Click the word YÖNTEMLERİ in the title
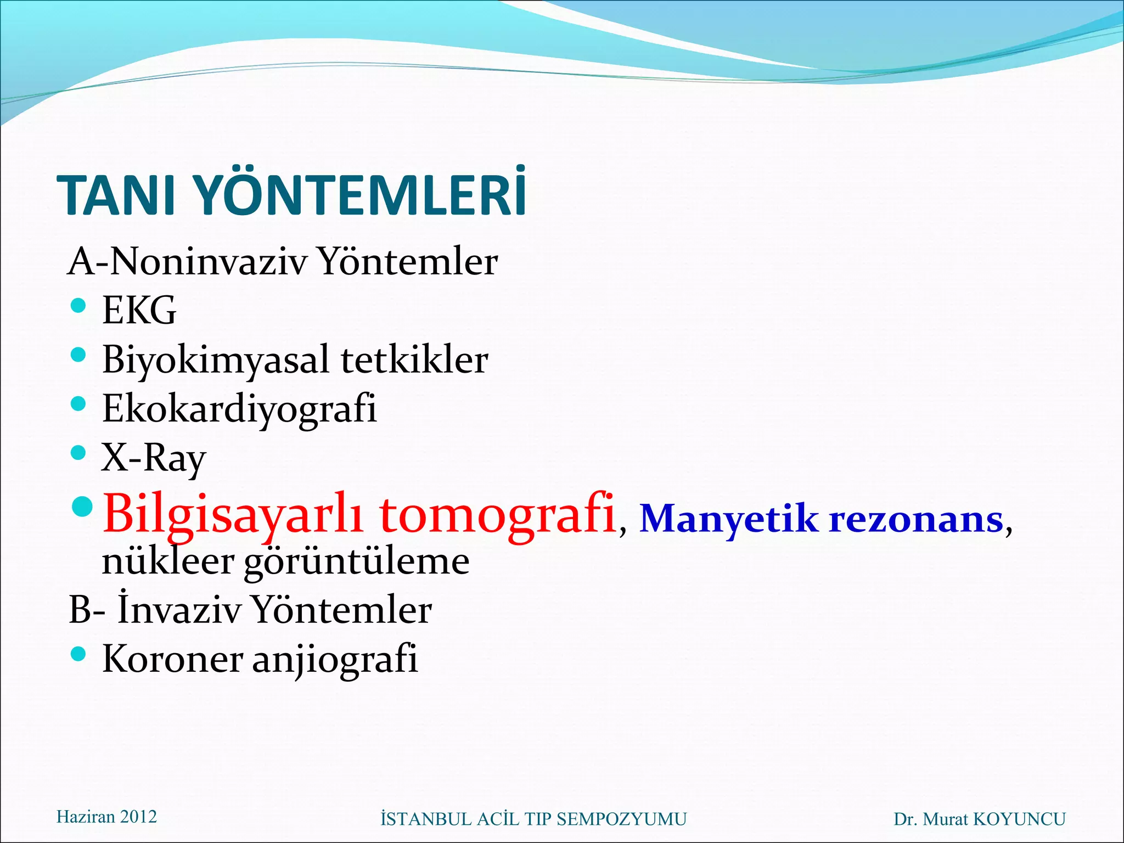(360, 195)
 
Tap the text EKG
(139, 311)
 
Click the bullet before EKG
(79, 305)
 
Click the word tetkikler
(414, 360)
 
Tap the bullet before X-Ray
(79, 453)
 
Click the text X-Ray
(154, 458)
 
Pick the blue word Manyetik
(728, 519)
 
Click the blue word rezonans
(916, 519)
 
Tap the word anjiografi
(335, 659)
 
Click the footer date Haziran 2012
(106, 817)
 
